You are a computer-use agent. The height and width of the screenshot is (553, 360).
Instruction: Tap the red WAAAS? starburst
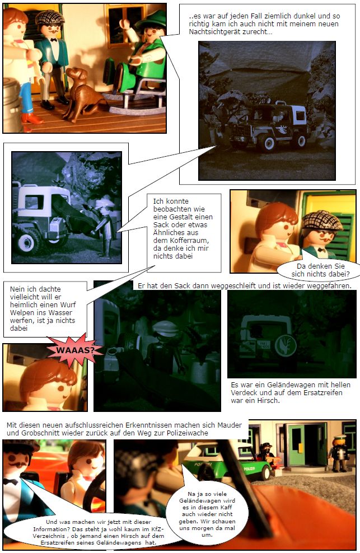(74, 350)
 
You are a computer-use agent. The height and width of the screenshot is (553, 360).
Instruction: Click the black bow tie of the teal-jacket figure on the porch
(54, 40)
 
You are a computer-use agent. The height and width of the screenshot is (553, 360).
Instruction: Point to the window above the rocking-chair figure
(122, 25)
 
